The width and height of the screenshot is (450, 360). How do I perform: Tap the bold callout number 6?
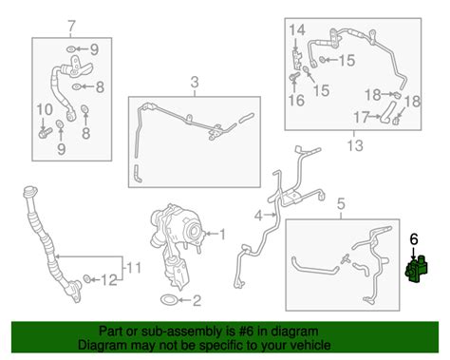414,239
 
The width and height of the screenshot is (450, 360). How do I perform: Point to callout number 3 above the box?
195,82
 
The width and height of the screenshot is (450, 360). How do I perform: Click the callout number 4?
258,216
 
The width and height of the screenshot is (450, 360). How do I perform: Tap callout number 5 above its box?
341,204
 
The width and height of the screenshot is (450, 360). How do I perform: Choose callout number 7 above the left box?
72,25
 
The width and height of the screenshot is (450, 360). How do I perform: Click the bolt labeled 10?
45,133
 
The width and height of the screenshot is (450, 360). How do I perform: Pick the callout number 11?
133,268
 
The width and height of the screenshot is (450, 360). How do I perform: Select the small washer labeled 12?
86,278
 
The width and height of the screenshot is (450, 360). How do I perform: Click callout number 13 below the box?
355,145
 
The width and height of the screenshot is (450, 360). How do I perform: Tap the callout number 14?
297,29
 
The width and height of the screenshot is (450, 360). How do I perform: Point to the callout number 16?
296,101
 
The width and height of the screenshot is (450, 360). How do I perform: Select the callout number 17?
361,118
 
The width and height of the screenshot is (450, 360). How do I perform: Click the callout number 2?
197,300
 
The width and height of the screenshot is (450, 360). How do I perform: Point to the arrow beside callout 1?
211,234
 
